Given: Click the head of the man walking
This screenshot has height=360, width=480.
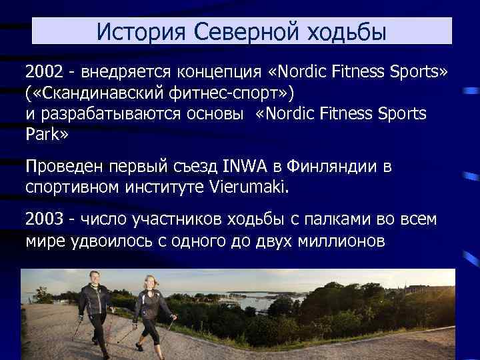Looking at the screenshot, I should (x=95, y=275).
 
